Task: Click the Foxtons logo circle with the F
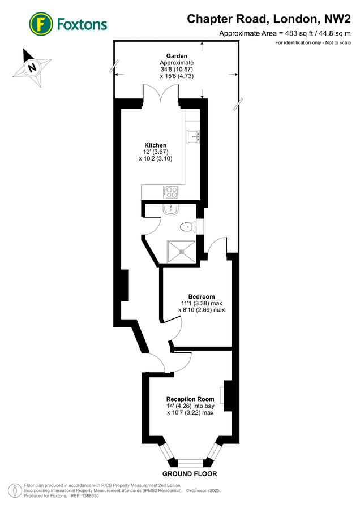tap(40, 24)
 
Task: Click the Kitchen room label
tap(155, 145)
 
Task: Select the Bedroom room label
tap(202, 296)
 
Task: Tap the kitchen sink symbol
tap(193, 135)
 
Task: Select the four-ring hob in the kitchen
tap(172, 192)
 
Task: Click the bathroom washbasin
tap(170, 210)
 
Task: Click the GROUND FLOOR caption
tap(190, 473)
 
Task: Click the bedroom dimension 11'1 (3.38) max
tap(202, 303)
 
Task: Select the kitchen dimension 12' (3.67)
tap(155, 152)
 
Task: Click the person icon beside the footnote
tap(15, 490)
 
